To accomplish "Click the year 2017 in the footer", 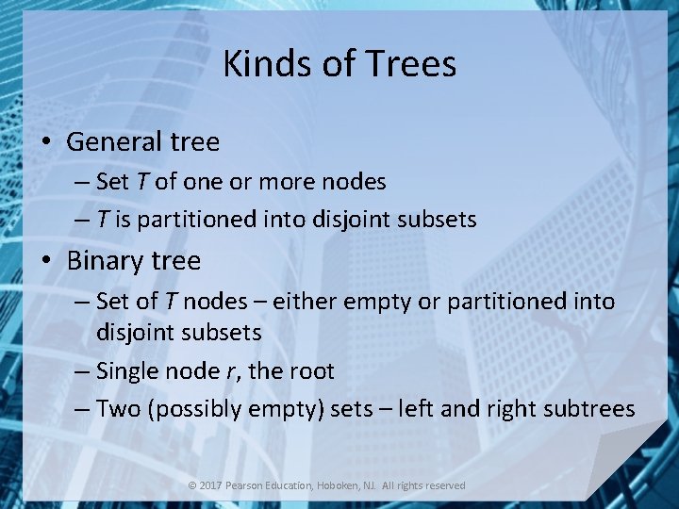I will point(212,485).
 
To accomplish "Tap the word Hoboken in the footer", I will point(344,485).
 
